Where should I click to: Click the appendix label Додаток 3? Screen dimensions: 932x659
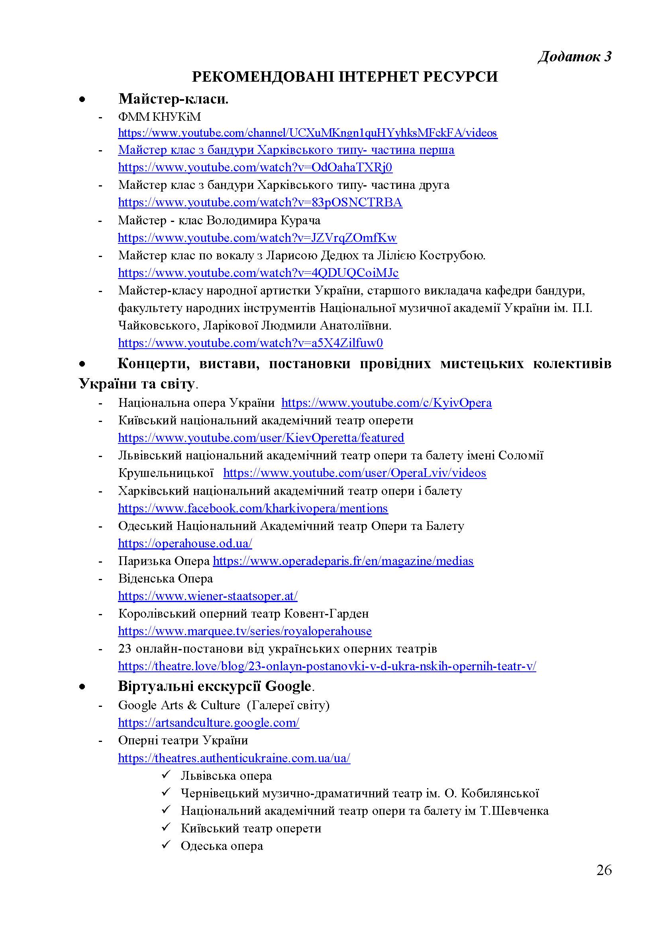point(574,57)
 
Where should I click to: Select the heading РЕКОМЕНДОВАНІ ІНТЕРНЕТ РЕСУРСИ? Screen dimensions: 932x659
point(345,77)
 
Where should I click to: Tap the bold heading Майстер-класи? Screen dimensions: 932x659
point(173,99)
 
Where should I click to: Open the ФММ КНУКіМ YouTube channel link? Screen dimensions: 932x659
point(307,133)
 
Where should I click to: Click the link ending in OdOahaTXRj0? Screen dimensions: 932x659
point(255,167)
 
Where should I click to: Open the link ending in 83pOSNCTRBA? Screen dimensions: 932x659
point(260,202)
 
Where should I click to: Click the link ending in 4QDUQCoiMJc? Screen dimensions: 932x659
point(258,273)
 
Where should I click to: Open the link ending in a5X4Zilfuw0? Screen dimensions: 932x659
point(250,343)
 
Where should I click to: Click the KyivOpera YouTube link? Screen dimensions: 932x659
point(386,403)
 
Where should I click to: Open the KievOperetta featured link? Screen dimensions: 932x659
point(261,438)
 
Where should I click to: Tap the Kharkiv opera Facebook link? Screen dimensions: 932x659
point(253,508)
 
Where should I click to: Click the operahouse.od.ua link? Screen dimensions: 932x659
point(185,543)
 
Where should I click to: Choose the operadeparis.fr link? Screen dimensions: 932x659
point(343,561)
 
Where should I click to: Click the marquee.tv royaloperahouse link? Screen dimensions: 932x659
point(245,631)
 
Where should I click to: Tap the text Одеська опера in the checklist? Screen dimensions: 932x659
point(222,846)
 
